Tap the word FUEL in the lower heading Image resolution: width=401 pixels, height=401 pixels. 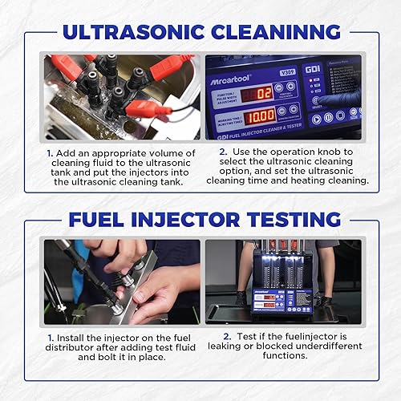pos(100,218)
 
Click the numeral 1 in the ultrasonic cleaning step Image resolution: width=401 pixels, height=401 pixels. pos(49,152)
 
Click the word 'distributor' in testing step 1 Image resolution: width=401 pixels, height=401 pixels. pos(79,347)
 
